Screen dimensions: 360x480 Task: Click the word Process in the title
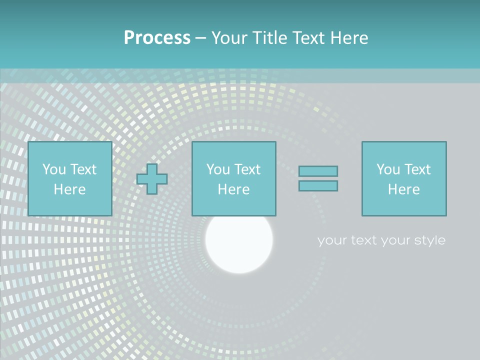(157, 38)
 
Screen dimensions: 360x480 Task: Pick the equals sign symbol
(318, 178)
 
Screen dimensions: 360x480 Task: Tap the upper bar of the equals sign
(318, 171)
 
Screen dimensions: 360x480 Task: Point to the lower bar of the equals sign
(318, 185)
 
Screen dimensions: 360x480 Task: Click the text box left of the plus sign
(70, 178)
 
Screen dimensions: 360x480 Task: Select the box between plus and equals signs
(234, 178)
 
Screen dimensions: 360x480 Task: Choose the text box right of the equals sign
(404, 178)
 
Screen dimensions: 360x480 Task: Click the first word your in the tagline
(332, 240)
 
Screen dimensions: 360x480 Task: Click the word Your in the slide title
(229, 38)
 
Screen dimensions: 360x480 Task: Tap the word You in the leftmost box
(54, 169)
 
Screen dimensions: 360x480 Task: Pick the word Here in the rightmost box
(404, 189)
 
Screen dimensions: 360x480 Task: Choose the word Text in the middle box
(247, 169)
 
